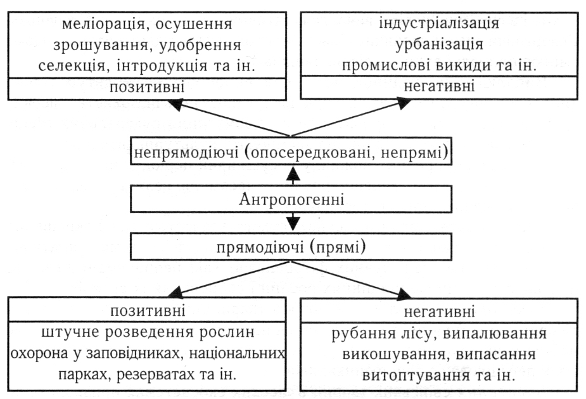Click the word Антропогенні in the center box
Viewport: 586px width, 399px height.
coord(291,199)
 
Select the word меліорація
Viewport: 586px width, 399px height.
coord(103,25)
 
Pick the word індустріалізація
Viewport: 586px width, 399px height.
coord(439,23)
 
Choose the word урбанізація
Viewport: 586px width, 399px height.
coord(439,44)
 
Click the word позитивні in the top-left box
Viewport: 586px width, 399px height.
coord(147,87)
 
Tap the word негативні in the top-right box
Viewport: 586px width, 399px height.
coord(439,86)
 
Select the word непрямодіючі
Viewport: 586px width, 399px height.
coord(186,153)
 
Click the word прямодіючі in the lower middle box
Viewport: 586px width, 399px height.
coord(260,247)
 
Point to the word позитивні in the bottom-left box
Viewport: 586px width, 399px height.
coord(148,311)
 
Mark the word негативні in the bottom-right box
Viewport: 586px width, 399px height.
coord(439,312)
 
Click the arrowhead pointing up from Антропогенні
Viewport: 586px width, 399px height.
coord(293,173)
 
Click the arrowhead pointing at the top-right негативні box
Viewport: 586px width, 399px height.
coord(404,103)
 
